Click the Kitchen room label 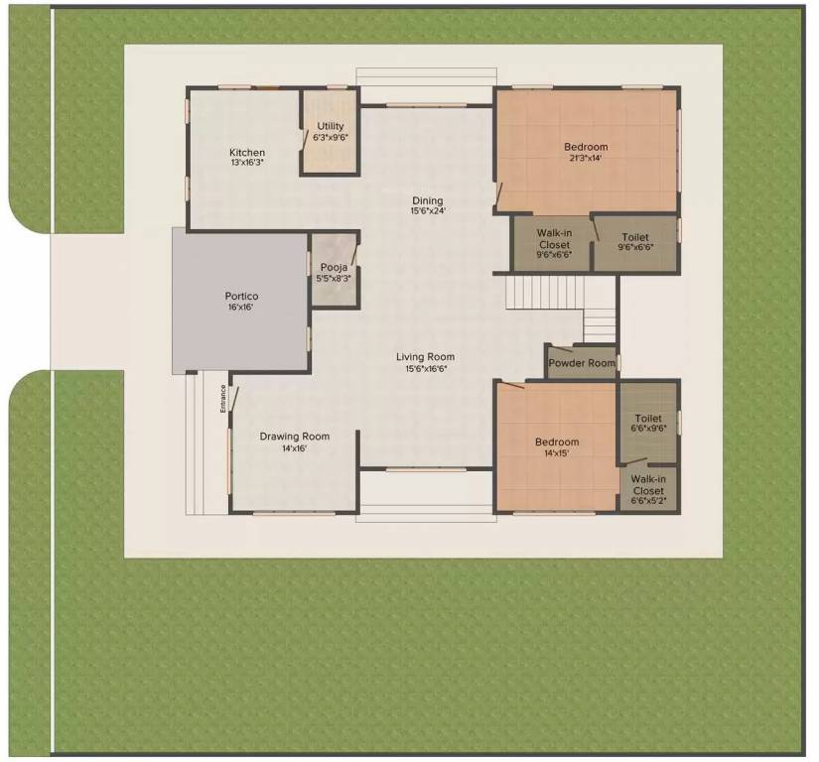[247, 152]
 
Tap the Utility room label [331, 126]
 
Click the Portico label [241, 296]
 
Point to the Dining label [428, 200]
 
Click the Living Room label [425, 357]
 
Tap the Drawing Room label [294, 437]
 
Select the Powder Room [582, 363]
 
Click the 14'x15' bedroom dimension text [556, 453]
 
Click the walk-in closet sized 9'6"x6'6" [553, 244]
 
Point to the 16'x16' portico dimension [241, 308]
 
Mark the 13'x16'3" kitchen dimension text [247, 163]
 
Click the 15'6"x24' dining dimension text [428, 211]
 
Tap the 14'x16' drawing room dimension [294, 448]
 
